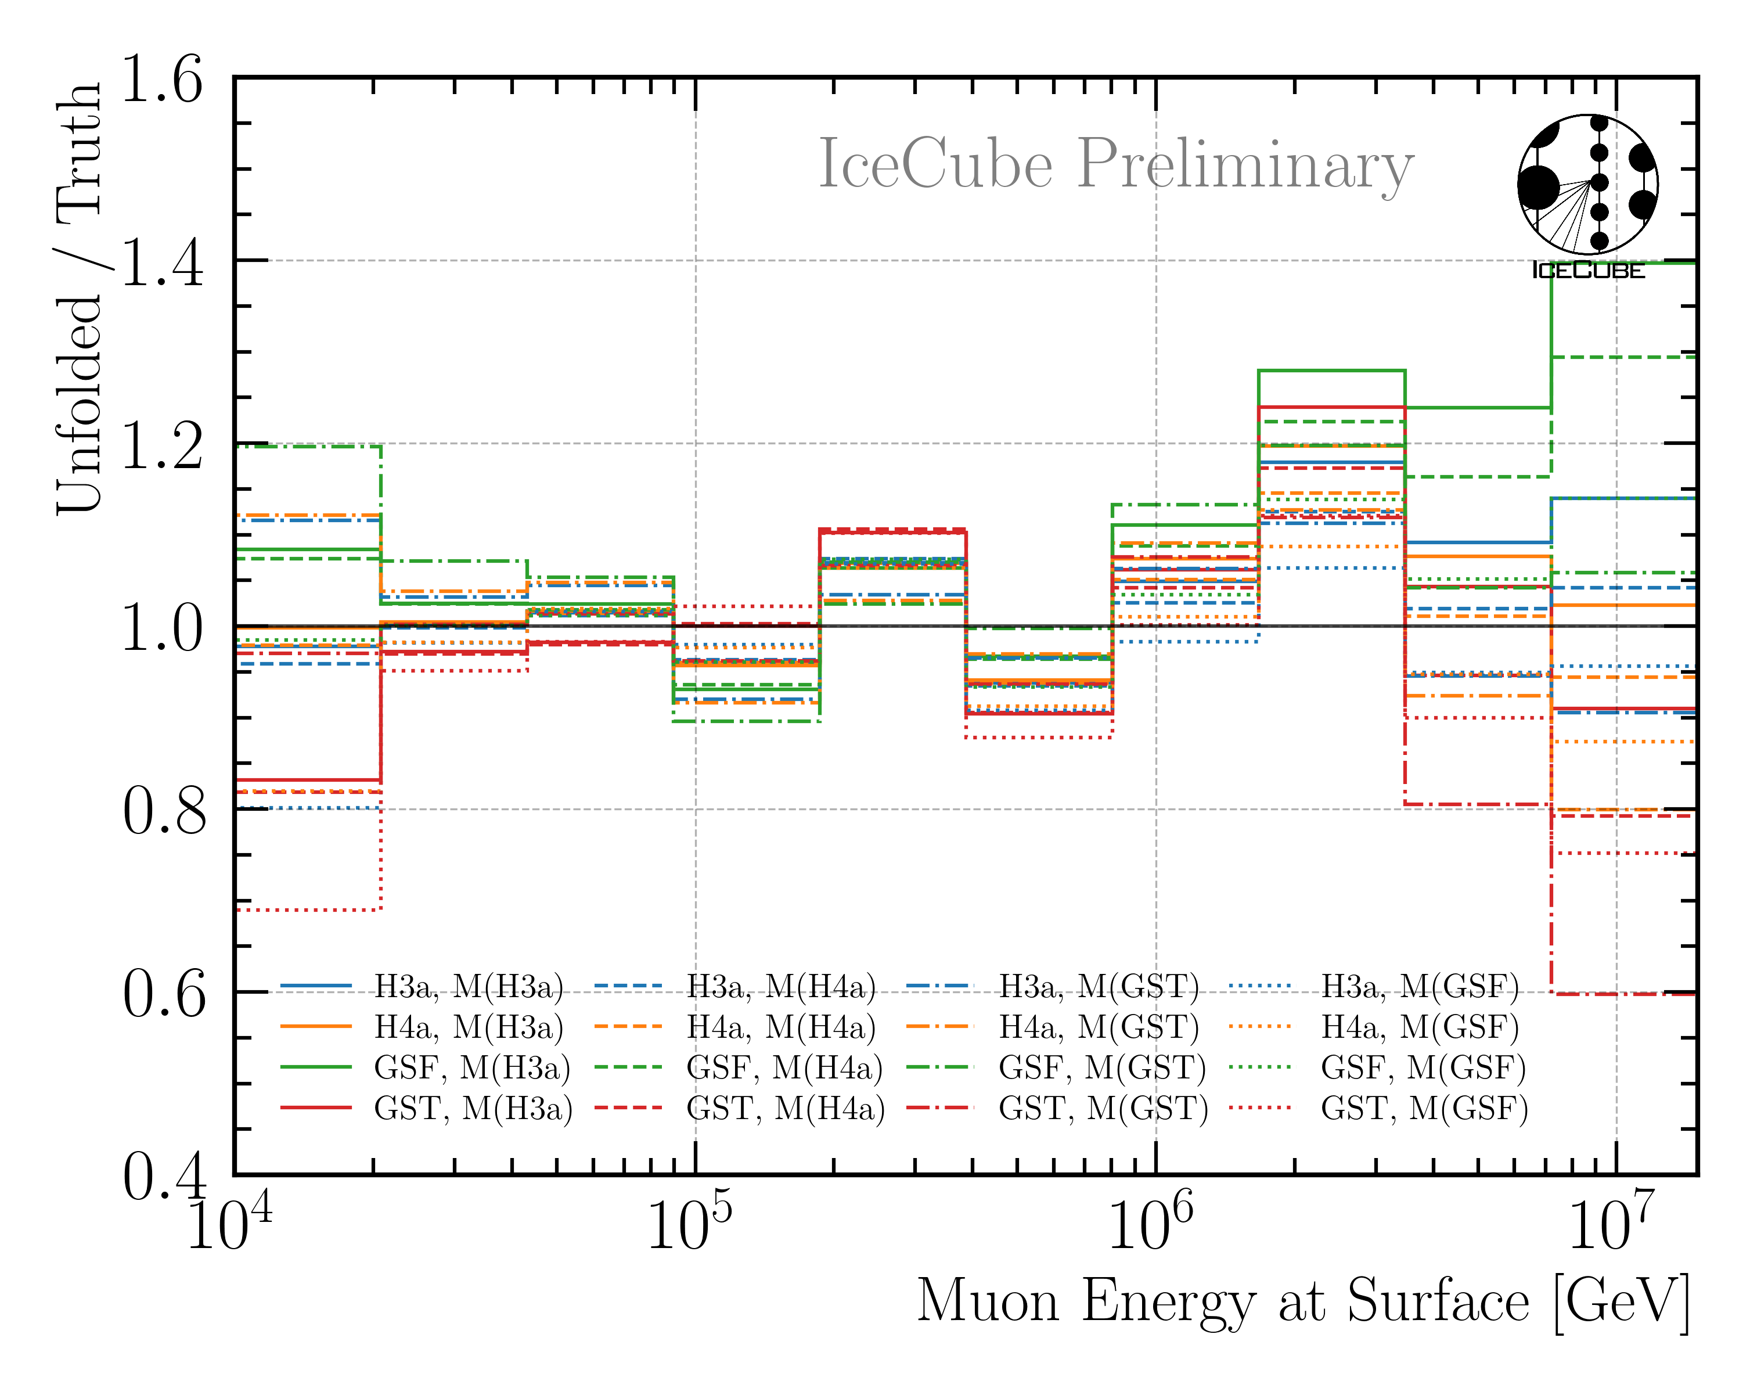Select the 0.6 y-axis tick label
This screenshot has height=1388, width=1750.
pyautogui.click(x=164, y=996)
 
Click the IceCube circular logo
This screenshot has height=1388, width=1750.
pyautogui.click(x=1587, y=185)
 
